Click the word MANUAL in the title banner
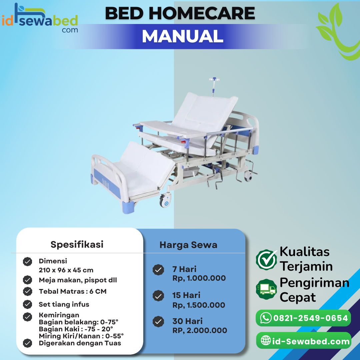coord(182,37)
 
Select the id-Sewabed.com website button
coord(303,341)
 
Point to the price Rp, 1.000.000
coord(199,278)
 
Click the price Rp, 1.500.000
coord(199,305)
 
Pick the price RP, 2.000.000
coord(200,330)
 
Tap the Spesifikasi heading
coord(77,244)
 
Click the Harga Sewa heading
coord(188,245)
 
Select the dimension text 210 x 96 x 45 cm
coord(66,270)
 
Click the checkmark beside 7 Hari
coord(158,270)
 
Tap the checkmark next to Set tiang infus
coord(28,304)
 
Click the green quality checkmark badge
coord(267,260)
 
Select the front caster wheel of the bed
coord(166,201)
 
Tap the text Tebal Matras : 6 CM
coord(73,291)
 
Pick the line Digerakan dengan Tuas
coord(80,343)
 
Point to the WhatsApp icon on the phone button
coord(266,318)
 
